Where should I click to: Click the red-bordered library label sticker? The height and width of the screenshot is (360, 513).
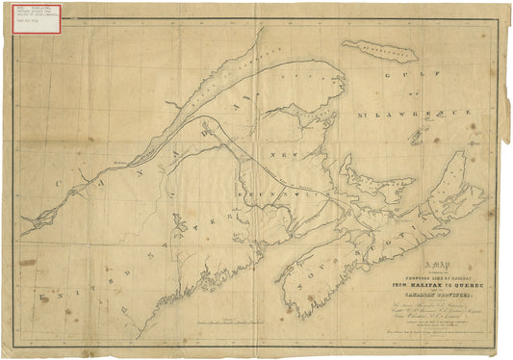[x=37, y=19]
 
